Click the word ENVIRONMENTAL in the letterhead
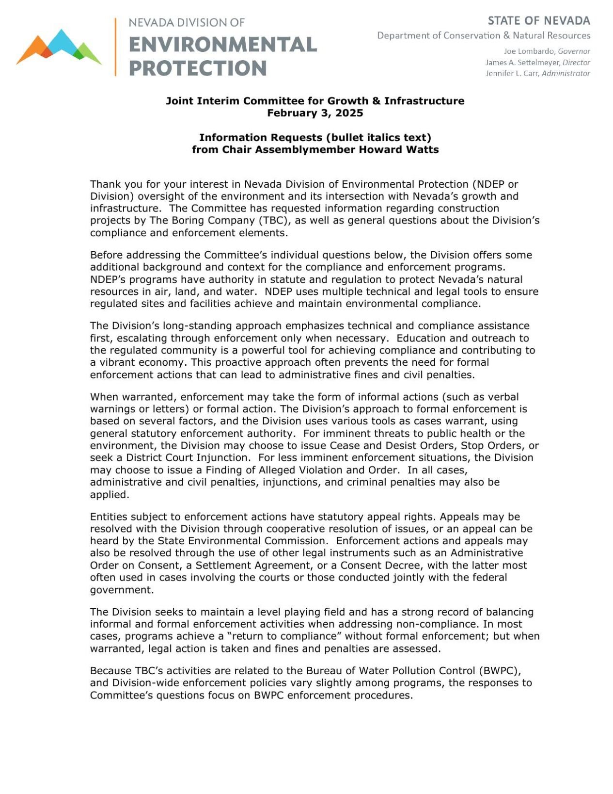coord(222,45)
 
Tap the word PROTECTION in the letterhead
coord(198,68)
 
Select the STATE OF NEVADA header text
coord(538,21)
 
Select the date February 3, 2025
coord(314,113)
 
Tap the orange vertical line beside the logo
coord(115,47)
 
